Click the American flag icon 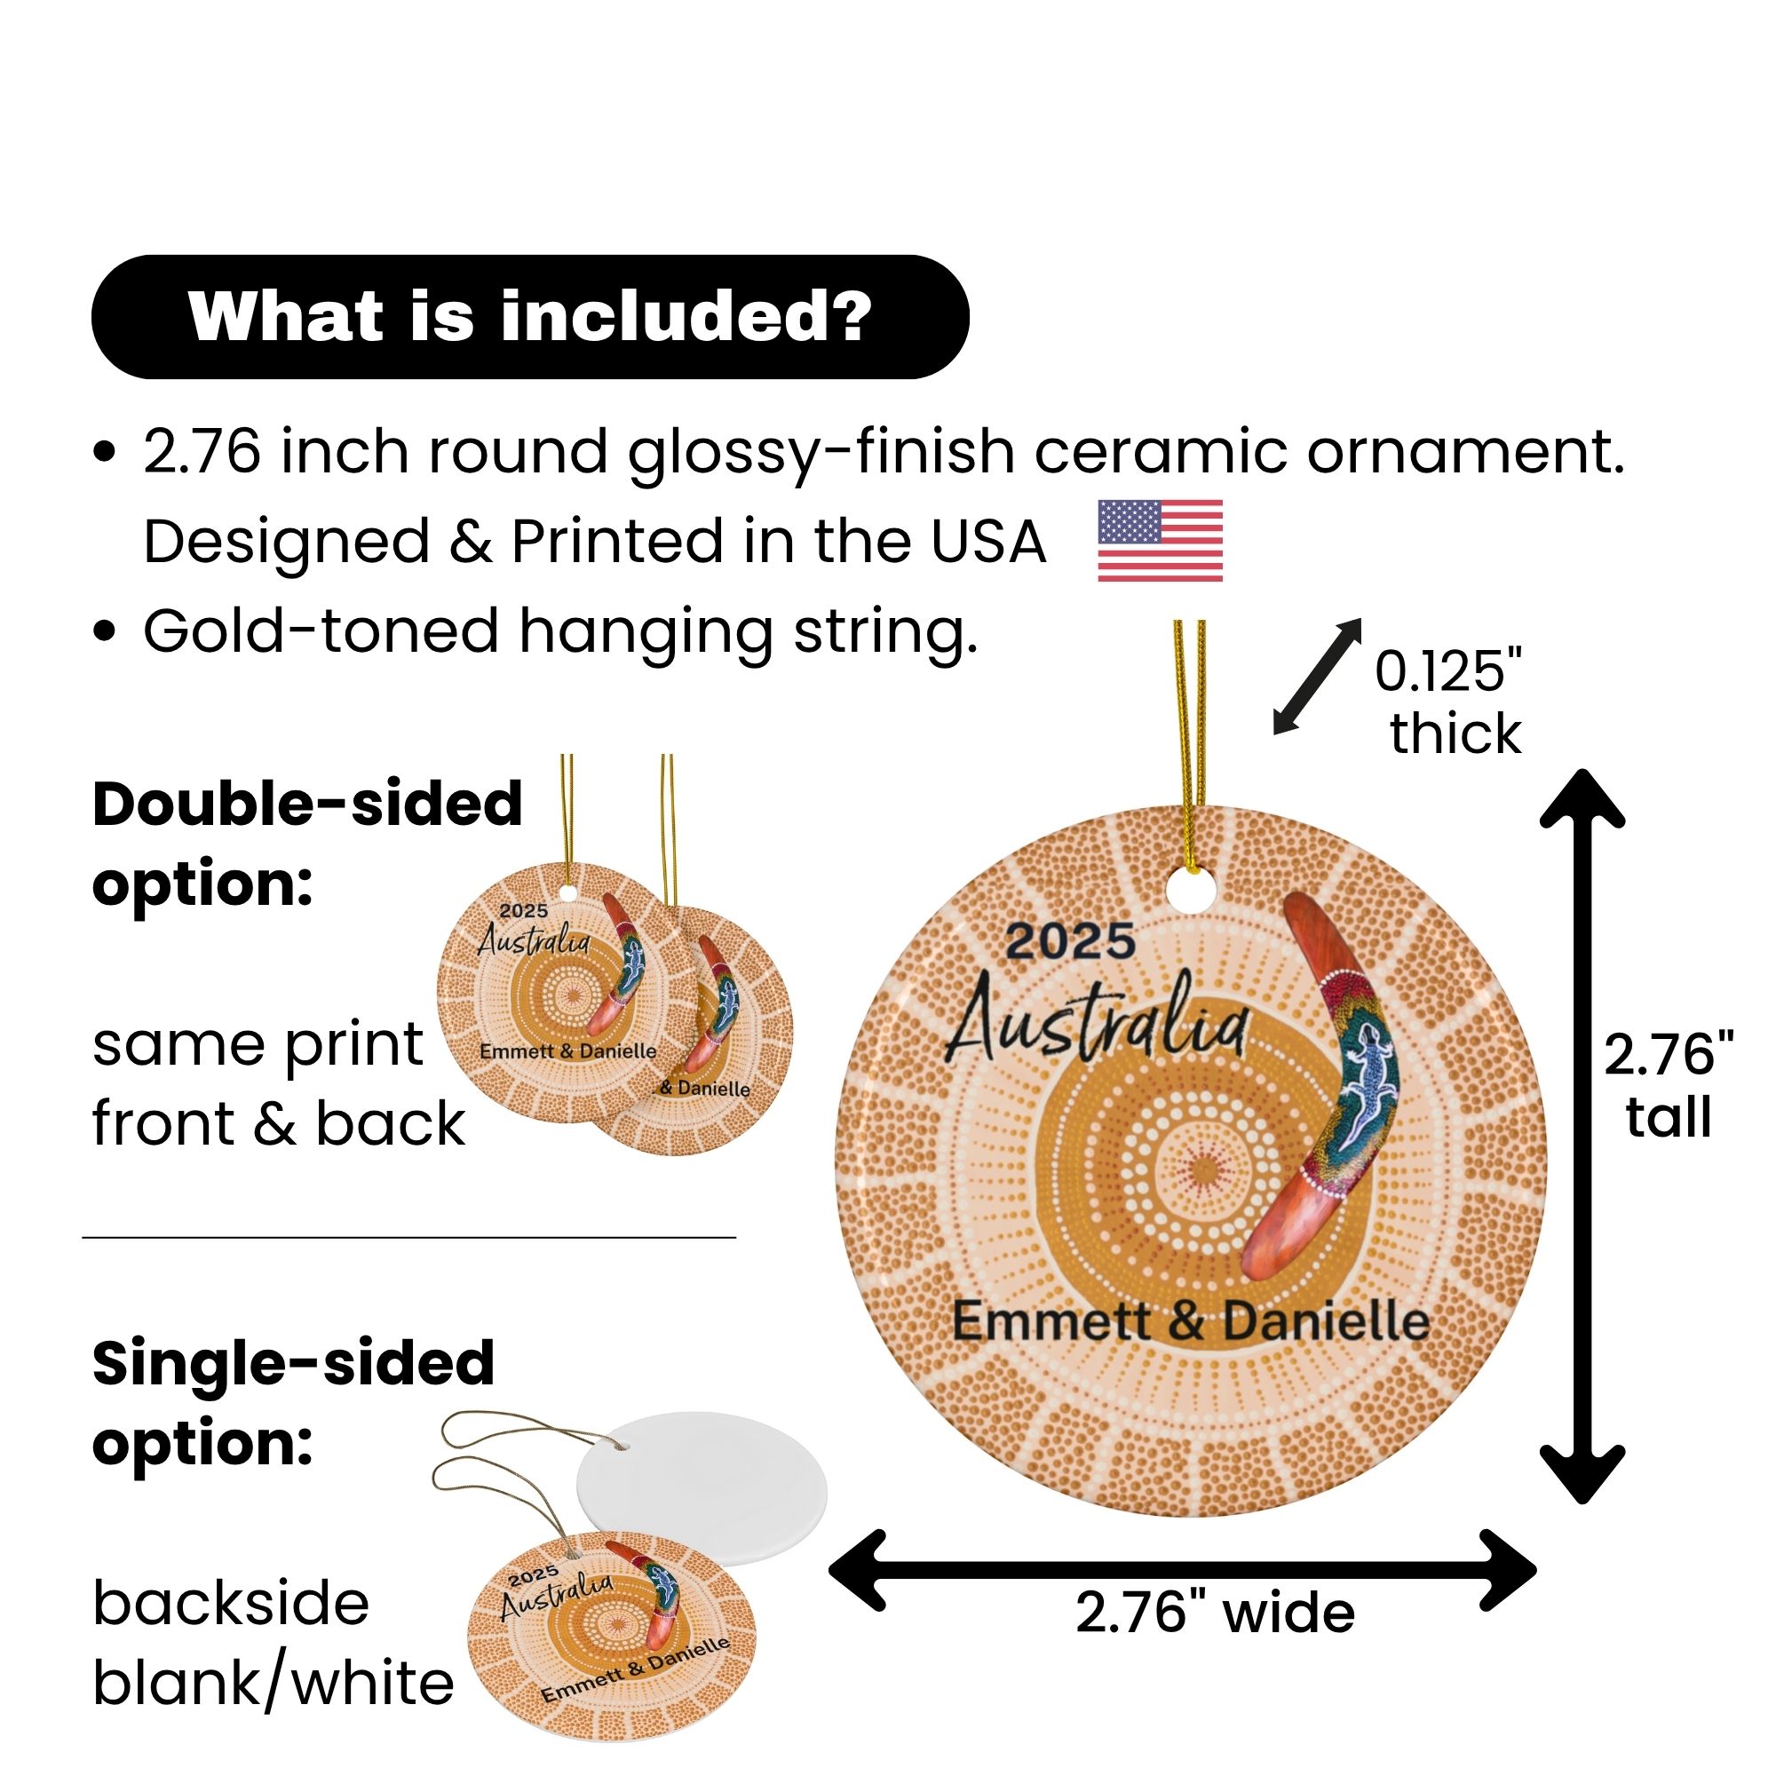[x=1160, y=541]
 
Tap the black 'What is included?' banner [x=529, y=317]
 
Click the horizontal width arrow [x=1182, y=1570]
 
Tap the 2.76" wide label [x=1214, y=1639]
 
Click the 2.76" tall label [x=1669, y=1086]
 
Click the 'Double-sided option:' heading [x=308, y=844]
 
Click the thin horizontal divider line [x=409, y=1238]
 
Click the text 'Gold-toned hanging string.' [x=560, y=631]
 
